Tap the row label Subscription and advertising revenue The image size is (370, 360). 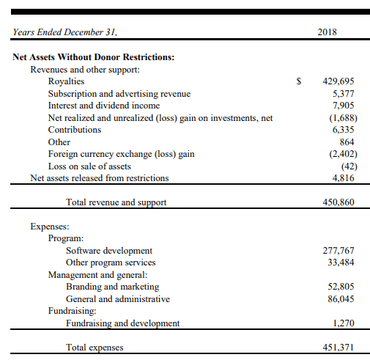119,94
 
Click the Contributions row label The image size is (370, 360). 75,130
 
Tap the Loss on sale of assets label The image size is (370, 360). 89,166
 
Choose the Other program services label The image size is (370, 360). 111,262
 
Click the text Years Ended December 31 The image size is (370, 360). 64,32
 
